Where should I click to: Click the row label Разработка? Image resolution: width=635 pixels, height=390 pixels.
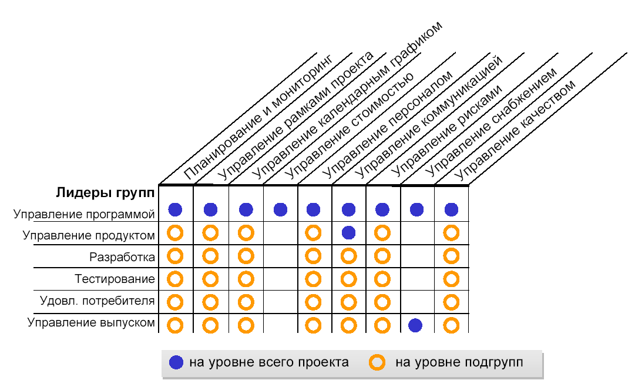(x=122, y=257)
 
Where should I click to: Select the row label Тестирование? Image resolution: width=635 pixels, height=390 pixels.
(x=115, y=279)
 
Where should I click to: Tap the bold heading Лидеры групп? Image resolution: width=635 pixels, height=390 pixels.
(x=106, y=192)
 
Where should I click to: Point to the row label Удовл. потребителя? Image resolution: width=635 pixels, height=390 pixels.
(x=97, y=301)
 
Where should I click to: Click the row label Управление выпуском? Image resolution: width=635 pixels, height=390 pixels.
(x=91, y=322)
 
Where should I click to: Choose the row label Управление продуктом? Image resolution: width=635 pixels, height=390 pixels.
(x=89, y=236)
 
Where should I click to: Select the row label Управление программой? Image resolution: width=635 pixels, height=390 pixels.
(x=84, y=214)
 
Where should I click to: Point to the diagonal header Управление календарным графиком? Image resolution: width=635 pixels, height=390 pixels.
(x=347, y=100)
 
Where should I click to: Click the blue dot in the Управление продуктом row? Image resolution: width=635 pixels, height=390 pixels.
(x=348, y=232)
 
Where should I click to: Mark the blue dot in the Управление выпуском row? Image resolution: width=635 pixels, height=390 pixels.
(x=415, y=325)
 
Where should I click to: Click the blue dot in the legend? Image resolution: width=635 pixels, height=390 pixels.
(x=176, y=362)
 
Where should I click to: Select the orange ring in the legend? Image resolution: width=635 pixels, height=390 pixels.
(x=377, y=362)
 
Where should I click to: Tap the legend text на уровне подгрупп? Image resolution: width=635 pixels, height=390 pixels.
(x=459, y=362)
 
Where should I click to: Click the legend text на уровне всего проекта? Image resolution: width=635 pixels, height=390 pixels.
(x=268, y=362)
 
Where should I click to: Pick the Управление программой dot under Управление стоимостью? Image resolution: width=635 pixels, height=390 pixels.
(x=280, y=209)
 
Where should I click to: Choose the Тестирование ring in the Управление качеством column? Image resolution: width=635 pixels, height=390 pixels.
(x=451, y=279)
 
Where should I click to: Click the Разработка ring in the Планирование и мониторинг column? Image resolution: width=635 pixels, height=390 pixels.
(x=175, y=256)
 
